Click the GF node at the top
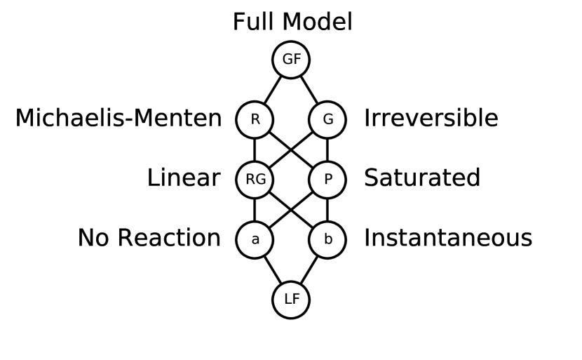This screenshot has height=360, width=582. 291,60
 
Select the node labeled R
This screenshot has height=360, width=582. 255,119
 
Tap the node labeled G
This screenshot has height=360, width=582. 327,119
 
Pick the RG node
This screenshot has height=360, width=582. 255,180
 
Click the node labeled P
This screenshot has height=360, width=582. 327,180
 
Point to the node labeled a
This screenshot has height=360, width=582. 255,239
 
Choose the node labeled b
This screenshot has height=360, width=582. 327,239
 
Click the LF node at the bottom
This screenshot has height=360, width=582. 291,300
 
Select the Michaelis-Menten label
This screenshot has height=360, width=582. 119,119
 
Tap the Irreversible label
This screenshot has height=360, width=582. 431,119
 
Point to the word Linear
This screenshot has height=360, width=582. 183,178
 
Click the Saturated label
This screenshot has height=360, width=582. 421,178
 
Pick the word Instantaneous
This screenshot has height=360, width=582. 447,239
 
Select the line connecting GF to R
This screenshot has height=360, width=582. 273,89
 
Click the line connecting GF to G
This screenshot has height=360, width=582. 309,89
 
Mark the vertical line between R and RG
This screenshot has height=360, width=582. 255,149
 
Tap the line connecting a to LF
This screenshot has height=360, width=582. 273,269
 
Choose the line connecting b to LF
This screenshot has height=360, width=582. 309,269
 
